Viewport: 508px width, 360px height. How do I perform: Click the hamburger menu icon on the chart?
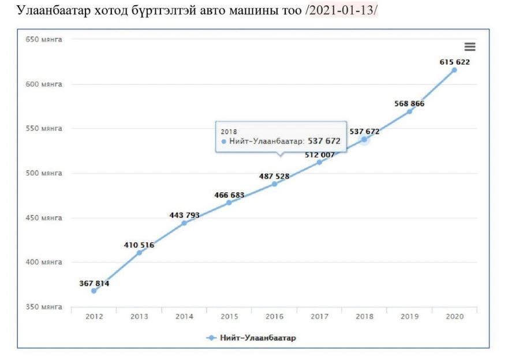pyautogui.click(x=470, y=47)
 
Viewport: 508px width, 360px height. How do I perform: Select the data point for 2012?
pyautogui.click(x=94, y=291)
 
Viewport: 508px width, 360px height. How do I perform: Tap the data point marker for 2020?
pyautogui.click(x=454, y=70)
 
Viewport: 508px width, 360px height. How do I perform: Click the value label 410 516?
pyautogui.click(x=139, y=245)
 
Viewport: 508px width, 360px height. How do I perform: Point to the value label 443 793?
pyautogui.click(x=185, y=215)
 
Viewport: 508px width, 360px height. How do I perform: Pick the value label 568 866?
pyautogui.click(x=410, y=104)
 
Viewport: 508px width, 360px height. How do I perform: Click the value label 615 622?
pyautogui.click(x=455, y=62)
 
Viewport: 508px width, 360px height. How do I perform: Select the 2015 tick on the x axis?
pyautogui.click(x=229, y=316)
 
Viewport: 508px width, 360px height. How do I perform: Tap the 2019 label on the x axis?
pyautogui.click(x=409, y=316)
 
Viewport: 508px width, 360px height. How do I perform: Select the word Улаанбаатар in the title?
pyautogui.click(x=50, y=11)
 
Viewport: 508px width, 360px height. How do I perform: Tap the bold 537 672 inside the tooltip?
pyautogui.click(x=324, y=141)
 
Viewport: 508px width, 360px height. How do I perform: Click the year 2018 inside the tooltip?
pyautogui.click(x=229, y=132)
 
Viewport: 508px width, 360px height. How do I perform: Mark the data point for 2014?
pyautogui.click(x=184, y=223)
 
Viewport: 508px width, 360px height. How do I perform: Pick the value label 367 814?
pyautogui.click(x=94, y=283)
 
